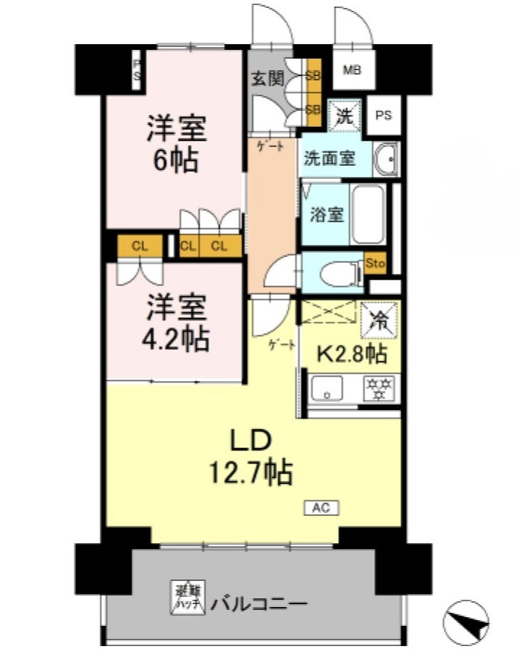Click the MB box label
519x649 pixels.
(352, 71)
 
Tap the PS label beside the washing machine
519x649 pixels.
(383, 116)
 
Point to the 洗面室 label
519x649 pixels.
(329, 158)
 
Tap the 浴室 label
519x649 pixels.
(321, 215)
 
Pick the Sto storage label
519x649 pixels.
(376, 263)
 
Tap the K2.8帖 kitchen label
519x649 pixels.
(353, 354)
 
